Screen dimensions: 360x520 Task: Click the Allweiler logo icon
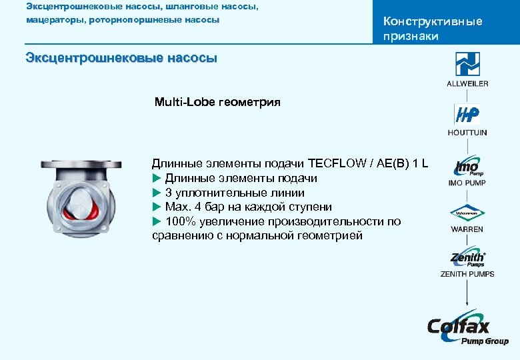pos(467,65)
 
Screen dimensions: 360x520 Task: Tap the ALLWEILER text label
pos(467,83)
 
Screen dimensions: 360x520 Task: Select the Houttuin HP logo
pos(467,115)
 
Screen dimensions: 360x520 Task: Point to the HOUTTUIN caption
pos(467,133)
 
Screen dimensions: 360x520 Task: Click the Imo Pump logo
pos(467,167)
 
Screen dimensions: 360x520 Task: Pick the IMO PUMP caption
pos(467,183)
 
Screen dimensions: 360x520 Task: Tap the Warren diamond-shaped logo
pos(467,214)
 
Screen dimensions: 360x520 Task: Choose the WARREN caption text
pos(467,229)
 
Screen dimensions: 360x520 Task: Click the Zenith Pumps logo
pos(467,259)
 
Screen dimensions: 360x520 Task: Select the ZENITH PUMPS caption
pos(467,273)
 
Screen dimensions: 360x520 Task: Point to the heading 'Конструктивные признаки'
pos(432,29)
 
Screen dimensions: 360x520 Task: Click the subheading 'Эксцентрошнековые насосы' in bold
pos(121,58)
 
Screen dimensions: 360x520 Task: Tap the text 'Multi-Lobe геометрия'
pos(217,103)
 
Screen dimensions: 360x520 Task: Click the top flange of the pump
pos(80,163)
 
